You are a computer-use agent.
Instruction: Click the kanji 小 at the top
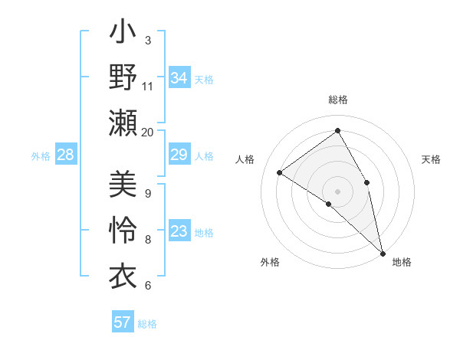coord(123,34)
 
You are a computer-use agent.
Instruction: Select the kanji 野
coord(123,78)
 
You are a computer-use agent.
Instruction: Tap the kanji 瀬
coord(123,123)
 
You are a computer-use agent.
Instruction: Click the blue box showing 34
coord(179,78)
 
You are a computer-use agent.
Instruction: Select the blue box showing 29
coord(179,155)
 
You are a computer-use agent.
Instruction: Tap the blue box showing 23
coord(179,232)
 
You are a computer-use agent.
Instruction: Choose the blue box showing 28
coord(66,155)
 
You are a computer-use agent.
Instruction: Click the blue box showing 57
coord(123,322)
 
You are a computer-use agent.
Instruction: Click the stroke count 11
coord(148,86)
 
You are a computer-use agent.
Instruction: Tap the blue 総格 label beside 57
coord(147,323)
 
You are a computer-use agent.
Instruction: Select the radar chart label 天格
coord(431,159)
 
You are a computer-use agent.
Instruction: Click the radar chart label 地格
coord(402,262)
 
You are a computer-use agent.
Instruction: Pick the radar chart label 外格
coord(270,262)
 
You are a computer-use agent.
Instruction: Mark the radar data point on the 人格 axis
coord(280,172)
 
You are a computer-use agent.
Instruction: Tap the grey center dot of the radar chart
coord(337,191)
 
